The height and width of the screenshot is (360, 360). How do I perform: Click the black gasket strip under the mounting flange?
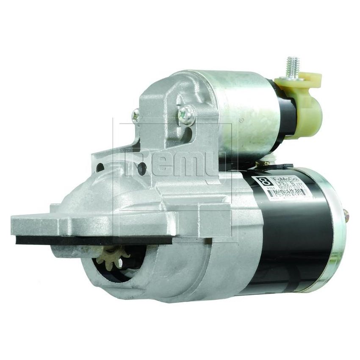[x=93, y=240]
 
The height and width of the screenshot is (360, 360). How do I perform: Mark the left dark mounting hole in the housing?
[x=100, y=167]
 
